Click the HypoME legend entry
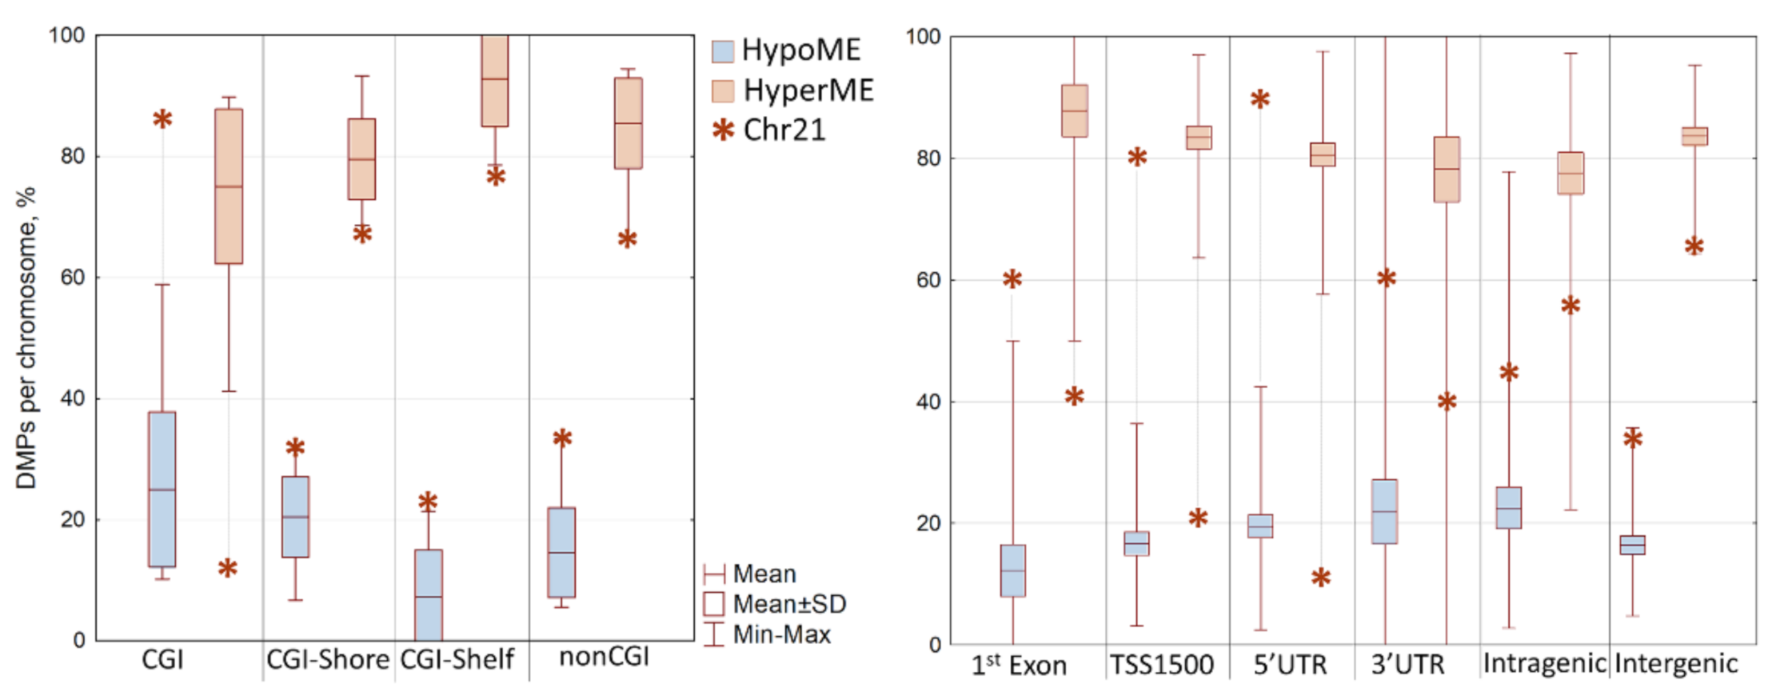tap(800, 50)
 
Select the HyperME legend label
tap(808, 90)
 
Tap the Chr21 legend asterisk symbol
tap(723, 130)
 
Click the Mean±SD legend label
tap(789, 604)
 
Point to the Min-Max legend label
tap(781, 634)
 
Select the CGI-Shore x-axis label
tap(328, 660)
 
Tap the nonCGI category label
tap(604, 658)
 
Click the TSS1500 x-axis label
tap(1161, 665)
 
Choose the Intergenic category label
tap(1676, 664)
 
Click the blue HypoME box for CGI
tap(162, 490)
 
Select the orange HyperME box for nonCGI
tap(628, 123)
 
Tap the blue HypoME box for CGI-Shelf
tap(429, 594)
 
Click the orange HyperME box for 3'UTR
tap(1447, 170)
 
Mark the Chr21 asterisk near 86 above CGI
tap(162, 119)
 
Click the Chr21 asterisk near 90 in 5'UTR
tap(1260, 100)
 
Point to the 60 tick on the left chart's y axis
tap(73, 278)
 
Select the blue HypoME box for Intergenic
tap(1632, 545)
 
